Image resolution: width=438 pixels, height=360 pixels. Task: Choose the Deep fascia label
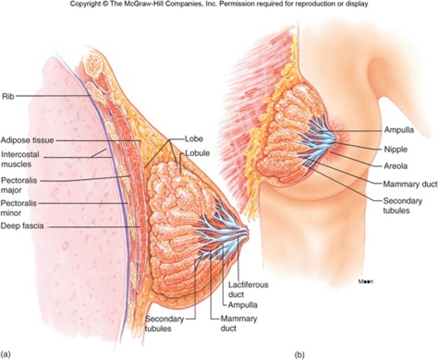22,226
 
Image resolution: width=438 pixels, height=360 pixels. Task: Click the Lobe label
193,139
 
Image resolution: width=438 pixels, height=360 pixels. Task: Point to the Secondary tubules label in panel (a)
164,323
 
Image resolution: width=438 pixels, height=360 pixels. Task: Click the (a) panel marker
6,355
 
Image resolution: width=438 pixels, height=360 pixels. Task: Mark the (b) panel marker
299,355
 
